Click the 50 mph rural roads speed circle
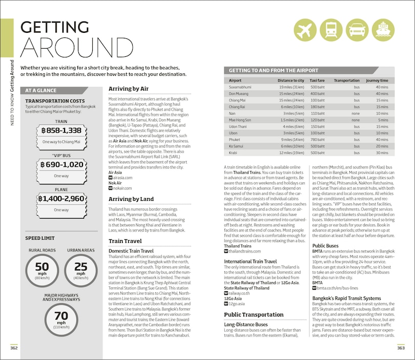pyautogui.click(x=42, y=270)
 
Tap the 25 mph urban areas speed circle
pyautogui.click(x=81, y=270)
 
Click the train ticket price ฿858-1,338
pyautogui.click(x=61, y=131)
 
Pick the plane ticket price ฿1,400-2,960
pyautogui.click(x=61, y=198)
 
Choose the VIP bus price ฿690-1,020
pyautogui.click(x=61, y=164)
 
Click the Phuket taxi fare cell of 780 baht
pyautogui.click(x=318, y=139)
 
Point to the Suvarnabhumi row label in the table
pyautogui.click(x=240, y=88)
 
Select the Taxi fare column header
pyautogui.click(x=317, y=80)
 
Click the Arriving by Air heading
pyautogui.click(x=129, y=89)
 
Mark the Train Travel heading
pyautogui.click(x=126, y=240)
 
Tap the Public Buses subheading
pyautogui.click(x=325, y=246)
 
